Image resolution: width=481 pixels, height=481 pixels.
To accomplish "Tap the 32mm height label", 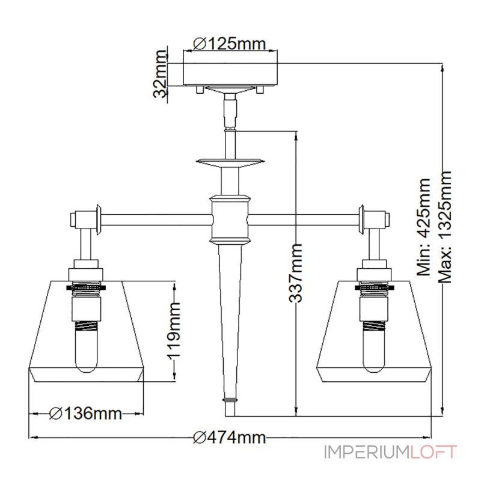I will (159, 75).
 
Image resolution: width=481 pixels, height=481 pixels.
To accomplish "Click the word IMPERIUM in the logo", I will (366, 452).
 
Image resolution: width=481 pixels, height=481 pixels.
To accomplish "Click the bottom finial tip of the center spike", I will (230, 409).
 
